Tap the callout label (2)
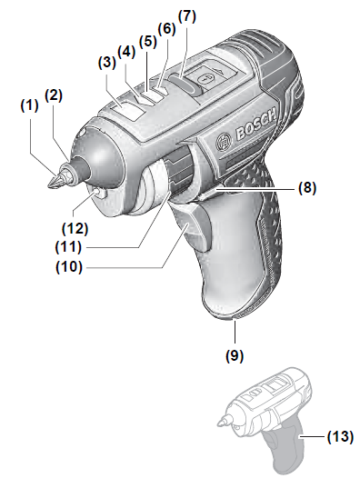pos(55,94)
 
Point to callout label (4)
pos(126,52)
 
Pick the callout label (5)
pos(146,41)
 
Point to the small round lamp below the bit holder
pos(95,194)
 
